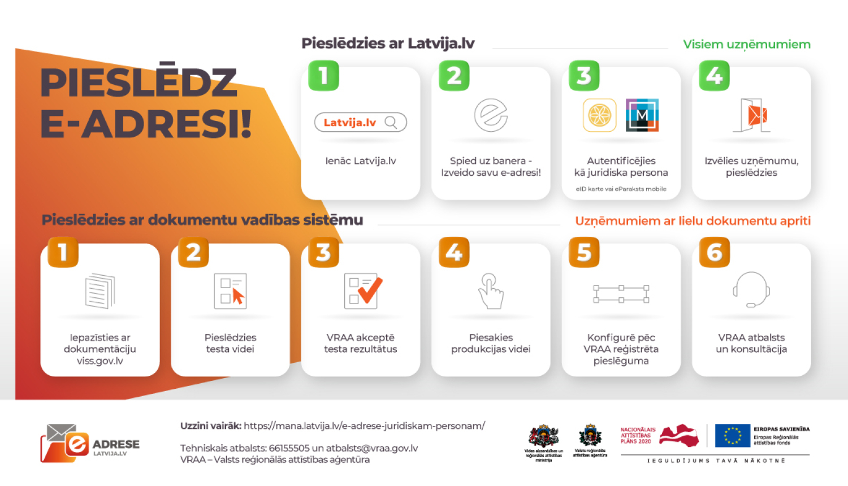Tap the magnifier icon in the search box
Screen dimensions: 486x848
click(391, 122)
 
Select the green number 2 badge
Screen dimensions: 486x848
click(454, 76)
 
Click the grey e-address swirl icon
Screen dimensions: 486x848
click(491, 115)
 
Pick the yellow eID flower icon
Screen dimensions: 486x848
click(599, 115)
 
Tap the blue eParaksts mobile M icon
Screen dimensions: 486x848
click(642, 115)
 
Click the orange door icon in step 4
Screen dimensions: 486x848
click(754, 115)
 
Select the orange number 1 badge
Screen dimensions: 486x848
click(63, 252)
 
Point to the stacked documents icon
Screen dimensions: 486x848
click(99, 290)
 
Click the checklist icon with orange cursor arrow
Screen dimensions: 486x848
click(231, 290)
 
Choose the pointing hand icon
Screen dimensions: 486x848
click(491, 290)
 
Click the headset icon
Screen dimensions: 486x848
click(751, 289)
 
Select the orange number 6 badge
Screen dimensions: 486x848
click(715, 252)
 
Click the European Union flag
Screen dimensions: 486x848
click(732, 436)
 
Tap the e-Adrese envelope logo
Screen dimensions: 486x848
click(65, 443)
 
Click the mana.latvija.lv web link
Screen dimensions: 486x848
click(364, 426)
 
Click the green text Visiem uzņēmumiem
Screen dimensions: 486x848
click(746, 44)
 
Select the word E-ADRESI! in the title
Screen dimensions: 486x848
click(146, 124)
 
